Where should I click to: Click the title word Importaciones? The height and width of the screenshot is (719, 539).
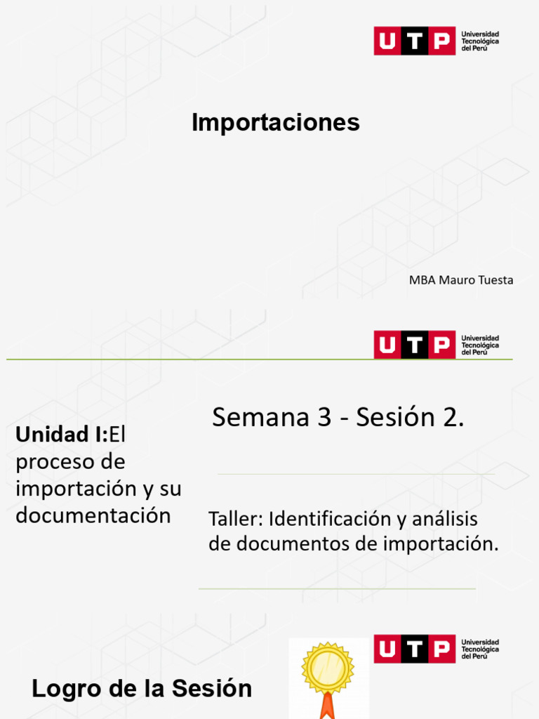click(276, 122)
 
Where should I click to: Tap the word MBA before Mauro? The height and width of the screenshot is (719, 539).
click(421, 280)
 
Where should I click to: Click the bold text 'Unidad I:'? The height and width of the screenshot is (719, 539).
click(62, 435)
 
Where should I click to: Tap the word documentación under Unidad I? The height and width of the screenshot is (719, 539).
click(93, 515)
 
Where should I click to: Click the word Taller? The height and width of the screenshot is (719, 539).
click(235, 520)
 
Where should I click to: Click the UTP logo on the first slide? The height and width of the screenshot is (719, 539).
click(414, 41)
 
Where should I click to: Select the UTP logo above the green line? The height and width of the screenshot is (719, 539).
click(414, 345)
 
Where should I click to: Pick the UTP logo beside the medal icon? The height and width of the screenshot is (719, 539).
click(414, 649)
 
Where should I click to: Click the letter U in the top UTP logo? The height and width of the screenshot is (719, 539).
click(387, 41)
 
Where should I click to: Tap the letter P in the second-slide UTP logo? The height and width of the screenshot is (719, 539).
click(441, 345)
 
